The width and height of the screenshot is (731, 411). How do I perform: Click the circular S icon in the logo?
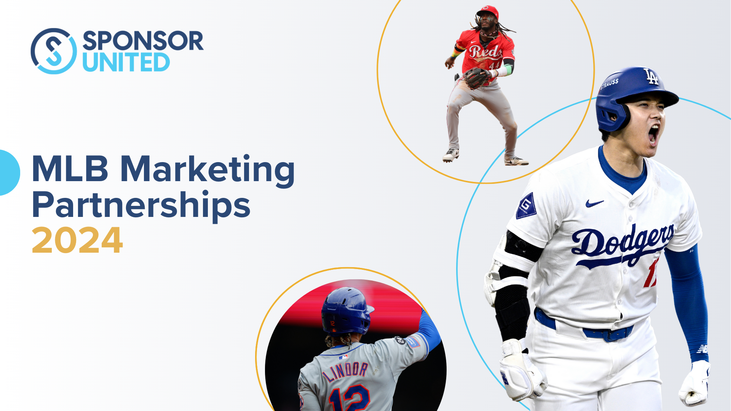[x=54, y=51]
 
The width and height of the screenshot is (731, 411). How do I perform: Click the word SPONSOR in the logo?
[x=143, y=41]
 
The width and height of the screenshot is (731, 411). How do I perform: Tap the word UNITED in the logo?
[x=126, y=62]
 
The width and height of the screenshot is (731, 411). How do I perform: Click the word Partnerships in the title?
[x=141, y=205]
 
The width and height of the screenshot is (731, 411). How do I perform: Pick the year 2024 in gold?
[x=77, y=241]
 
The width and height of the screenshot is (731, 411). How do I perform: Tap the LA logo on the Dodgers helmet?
[x=651, y=76]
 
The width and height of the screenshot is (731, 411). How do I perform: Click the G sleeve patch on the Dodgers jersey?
[x=526, y=206]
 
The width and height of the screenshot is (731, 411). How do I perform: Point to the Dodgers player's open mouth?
[x=654, y=135]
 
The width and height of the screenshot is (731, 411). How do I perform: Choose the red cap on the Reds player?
[x=488, y=11]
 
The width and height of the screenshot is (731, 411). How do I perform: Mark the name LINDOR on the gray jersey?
[x=346, y=371]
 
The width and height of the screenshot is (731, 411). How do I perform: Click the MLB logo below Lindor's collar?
[x=343, y=357]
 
